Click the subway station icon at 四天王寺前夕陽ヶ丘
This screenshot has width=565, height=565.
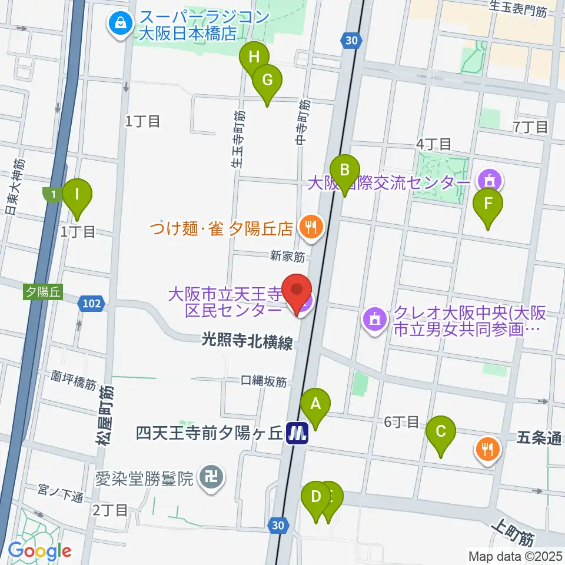[298, 434]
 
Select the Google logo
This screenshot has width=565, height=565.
[40, 551]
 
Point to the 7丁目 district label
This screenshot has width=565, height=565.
[530, 127]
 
